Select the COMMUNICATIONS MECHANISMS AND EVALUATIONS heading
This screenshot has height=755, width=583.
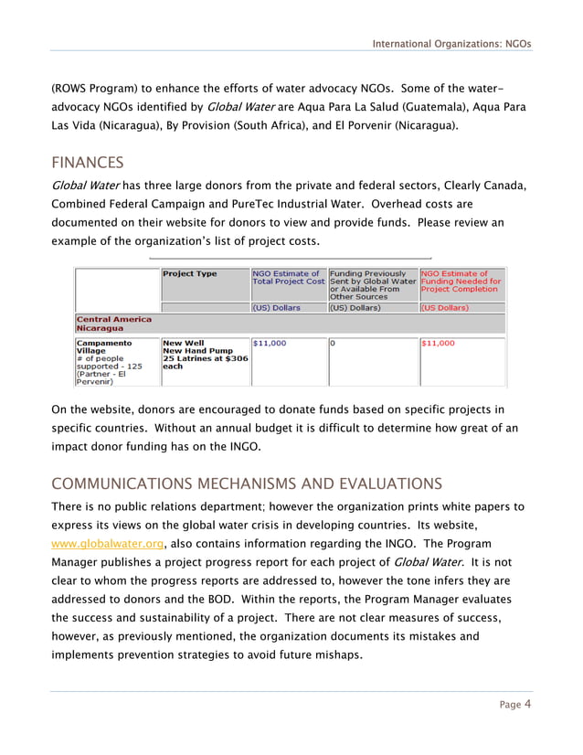point(246,484)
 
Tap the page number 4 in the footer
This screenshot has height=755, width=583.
point(527,704)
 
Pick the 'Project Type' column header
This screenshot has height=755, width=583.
point(189,273)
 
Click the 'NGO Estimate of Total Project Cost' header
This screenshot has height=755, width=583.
point(288,278)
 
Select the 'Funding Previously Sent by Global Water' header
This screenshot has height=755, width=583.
point(372,284)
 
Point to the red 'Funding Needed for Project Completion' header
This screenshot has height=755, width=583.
point(461,283)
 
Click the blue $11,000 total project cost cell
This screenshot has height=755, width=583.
point(270,343)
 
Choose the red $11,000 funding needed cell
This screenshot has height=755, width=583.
point(439,343)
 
